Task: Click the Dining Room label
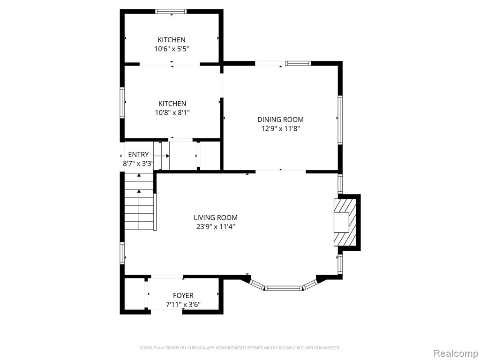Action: pyautogui.click(x=280, y=120)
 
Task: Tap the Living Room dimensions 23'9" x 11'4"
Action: pyautogui.click(x=216, y=227)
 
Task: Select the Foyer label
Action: pyautogui.click(x=183, y=295)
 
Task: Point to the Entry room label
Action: pyautogui.click(x=138, y=155)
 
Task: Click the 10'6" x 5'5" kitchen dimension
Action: pyautogui.click(x=172, y=49)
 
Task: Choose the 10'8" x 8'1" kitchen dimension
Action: pyautogui.click(x=172, y=112)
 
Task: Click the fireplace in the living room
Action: pyautogui.click(x=345, y=222)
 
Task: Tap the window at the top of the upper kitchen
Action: pyautogui.click(x=171, y=12)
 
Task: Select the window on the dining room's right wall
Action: pyautogui.click(x=340, y=120)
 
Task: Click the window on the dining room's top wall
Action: pyautogui.click(x=298, y=63)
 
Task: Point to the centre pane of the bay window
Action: pyautogui.click(x=284, y=288)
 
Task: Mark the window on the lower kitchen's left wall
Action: pyautogui.click(x=122, y=103)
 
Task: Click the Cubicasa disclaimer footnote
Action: pyautogui.click(x=240, y=348)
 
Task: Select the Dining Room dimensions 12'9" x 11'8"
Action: pyautogui.click(x=280, y=128)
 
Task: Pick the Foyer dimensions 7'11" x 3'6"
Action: pyautogui.click(x=183, y=305)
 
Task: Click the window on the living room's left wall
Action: pyautogui.click(x=122, y=253)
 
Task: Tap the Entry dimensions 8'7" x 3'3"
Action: pyautogui.click(x=138, y=164)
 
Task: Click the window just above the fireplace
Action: pyautogui.click(x=340, y=184)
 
